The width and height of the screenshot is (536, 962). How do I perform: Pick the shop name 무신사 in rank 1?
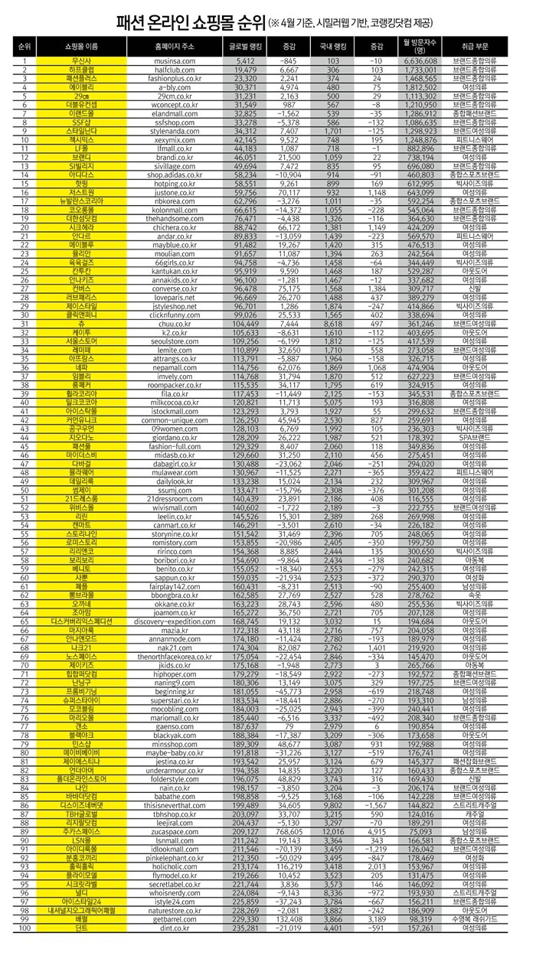pos(82,60)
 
